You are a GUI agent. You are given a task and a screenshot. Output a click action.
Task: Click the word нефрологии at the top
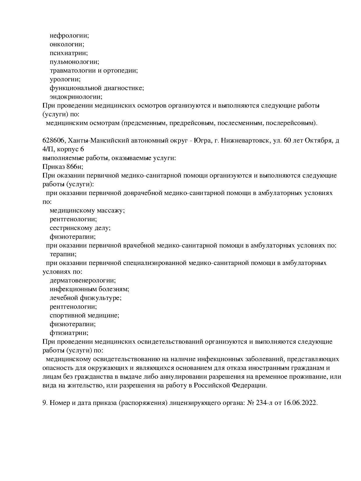tap(69, 36)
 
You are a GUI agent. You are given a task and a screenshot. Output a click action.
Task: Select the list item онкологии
tap(67, 44)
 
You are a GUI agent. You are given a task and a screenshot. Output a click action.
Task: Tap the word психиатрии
tap(68, 53)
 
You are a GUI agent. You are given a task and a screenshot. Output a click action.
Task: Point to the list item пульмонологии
tap(74, 62)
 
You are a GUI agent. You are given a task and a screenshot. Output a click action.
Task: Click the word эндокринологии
tap(76, 97)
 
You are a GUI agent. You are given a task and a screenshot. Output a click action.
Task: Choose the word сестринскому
tap(72, 228)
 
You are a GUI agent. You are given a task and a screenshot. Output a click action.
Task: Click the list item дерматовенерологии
tap(82, 280)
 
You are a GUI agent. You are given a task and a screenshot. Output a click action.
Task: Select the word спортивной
tap(68, 315)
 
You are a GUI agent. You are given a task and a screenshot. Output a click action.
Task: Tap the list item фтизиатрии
tap(69, 333)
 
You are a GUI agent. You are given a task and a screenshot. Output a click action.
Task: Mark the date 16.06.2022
tap(300, 403)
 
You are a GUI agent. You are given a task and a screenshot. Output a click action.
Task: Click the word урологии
tap(65, 79)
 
